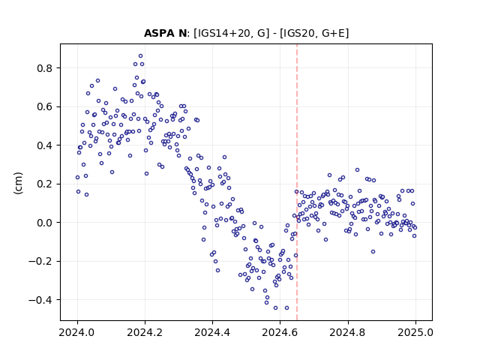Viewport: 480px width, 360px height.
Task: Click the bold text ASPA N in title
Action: (165, 33)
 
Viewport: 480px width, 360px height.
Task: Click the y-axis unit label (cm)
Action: (18, 183)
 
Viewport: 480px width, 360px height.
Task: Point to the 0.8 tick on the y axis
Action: (46, 68)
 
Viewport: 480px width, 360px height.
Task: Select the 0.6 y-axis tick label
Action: (46, 106)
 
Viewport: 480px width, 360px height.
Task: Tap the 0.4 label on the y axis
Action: (46, 145)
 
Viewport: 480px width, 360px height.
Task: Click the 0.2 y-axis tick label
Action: (46, 184)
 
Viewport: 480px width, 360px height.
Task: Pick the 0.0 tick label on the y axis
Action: (46, 223)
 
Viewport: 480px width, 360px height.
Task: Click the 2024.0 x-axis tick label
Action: (77, 332)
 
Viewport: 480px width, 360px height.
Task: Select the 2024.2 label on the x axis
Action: (145, 332)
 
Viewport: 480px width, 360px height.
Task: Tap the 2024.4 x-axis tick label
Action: (212, 332)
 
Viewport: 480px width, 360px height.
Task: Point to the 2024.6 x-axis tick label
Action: (280, 332)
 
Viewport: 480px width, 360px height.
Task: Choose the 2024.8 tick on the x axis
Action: (348, 332)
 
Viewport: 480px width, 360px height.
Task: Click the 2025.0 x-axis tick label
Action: (415, 332)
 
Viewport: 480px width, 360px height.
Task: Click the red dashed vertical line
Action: (297, 182)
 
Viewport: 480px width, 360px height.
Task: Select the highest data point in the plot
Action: (140, 56)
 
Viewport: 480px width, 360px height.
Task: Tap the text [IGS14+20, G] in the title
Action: (231, 33)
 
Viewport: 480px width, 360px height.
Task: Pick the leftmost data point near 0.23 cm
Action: (77, 177)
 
